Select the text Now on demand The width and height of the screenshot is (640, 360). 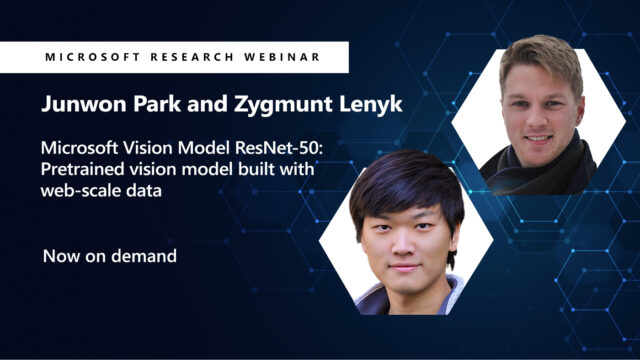pyautogui.click(x=110, y=256)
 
